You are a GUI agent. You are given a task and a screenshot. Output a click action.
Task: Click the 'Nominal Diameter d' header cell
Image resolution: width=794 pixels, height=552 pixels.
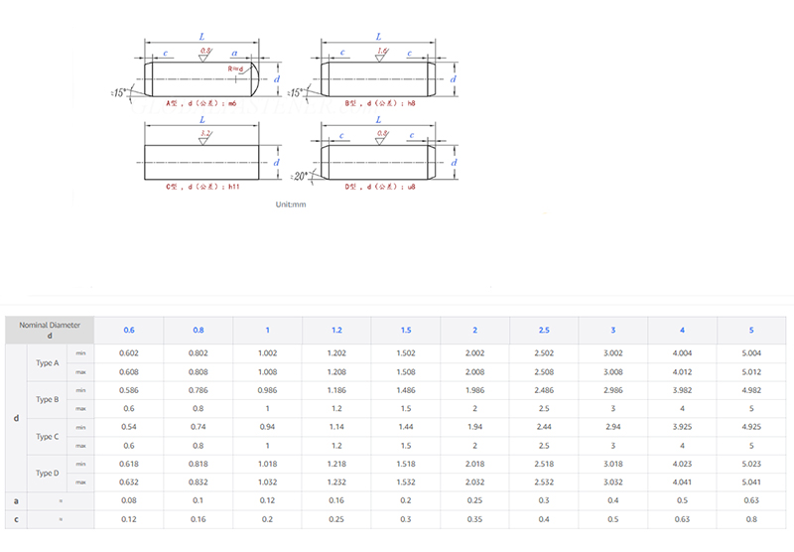[50, 331]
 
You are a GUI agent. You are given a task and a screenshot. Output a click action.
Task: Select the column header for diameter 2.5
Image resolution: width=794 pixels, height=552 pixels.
[543, 331]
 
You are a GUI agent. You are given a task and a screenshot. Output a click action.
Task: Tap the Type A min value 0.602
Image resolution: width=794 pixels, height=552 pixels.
[128, 353]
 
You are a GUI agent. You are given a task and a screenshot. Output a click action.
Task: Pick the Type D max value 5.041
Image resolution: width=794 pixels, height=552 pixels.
[750, 483]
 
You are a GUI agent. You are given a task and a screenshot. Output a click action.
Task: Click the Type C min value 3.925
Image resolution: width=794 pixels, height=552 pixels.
[681, 427]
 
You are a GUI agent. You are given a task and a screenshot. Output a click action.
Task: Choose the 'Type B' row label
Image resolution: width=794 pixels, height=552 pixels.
[48, 399]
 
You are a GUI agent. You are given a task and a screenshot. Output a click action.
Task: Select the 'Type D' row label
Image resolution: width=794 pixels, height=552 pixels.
[48, 474]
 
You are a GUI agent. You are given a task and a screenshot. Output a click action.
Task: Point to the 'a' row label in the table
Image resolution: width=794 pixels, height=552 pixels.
[16, 501]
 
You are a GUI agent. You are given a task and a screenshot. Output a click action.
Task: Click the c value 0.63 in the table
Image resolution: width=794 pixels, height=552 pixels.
[681, 519]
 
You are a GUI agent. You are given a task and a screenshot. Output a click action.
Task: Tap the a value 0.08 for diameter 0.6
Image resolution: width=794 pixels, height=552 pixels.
[128, 501]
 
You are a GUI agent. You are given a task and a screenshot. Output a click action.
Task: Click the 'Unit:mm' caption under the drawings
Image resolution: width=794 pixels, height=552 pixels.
[291, 204]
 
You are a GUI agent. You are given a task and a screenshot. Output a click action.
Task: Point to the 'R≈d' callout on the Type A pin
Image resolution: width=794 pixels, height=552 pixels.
[235, 69]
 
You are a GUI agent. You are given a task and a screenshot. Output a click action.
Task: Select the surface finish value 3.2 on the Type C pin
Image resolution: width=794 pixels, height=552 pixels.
[204, 132]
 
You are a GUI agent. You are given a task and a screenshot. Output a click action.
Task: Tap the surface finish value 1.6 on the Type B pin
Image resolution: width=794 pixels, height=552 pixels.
[382, 50]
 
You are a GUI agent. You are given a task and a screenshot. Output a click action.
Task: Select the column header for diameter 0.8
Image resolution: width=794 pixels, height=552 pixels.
[198, 331]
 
